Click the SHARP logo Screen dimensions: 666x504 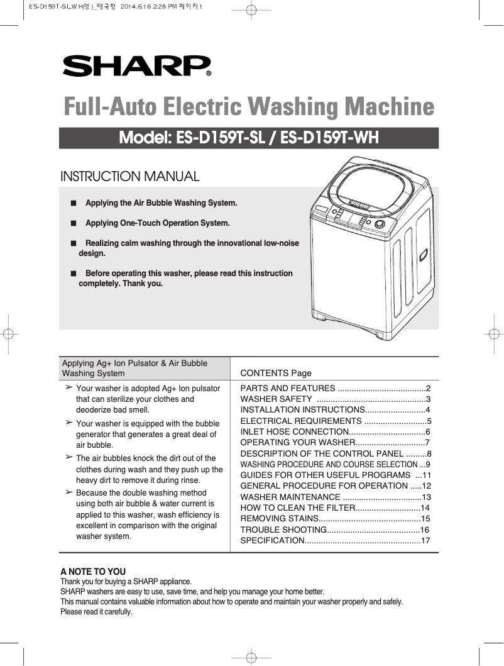coord(136,65)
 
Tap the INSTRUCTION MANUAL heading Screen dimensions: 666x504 coord(129,177)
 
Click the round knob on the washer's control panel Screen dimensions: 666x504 coord(380,225)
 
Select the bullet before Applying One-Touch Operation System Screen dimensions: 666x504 coord(74,223)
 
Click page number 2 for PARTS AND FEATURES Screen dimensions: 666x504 coord(428,388)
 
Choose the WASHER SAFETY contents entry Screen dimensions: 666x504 coord(277,399)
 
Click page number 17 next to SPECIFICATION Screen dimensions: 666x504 coord(425,540)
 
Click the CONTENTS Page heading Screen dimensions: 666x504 coord(276,373)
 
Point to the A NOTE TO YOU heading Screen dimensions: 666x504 coord(93,572)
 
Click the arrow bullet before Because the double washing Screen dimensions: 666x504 coord(68,492)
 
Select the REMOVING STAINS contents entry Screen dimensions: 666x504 coord(280,519)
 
